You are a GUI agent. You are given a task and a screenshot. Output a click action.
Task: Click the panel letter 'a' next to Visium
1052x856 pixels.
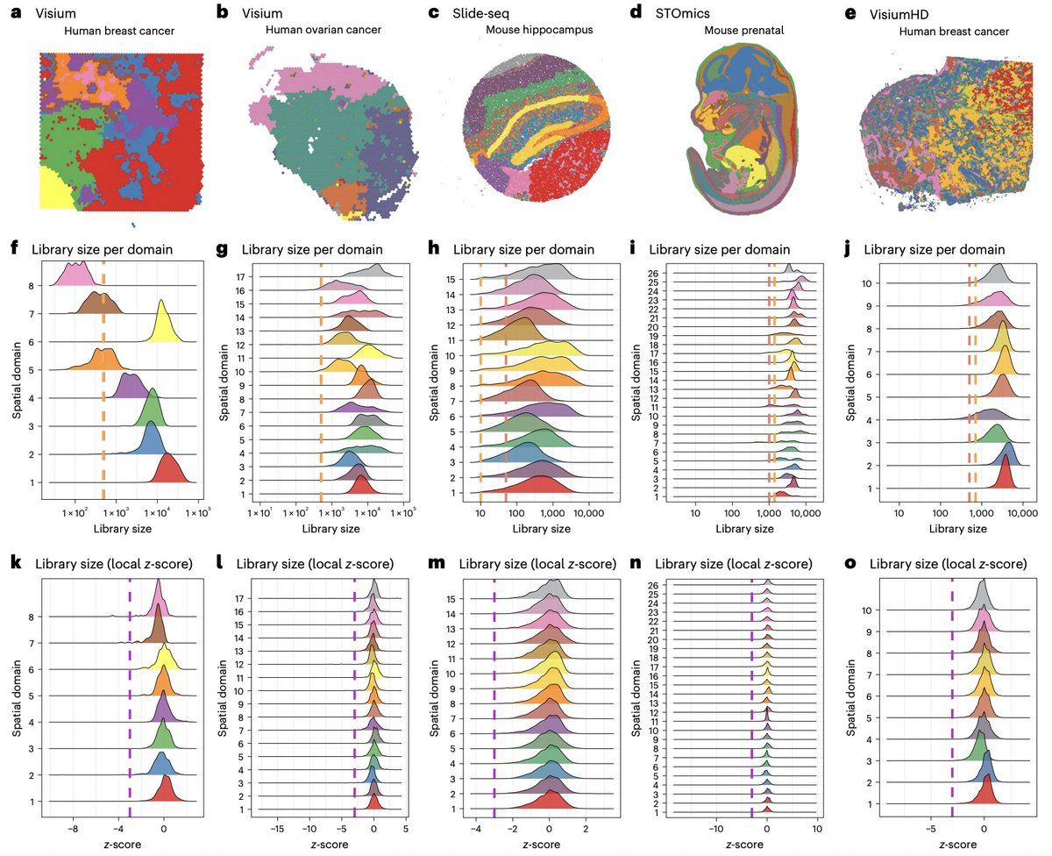(15, 14)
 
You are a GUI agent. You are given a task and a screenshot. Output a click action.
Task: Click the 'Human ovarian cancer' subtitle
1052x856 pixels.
(323, 31)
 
